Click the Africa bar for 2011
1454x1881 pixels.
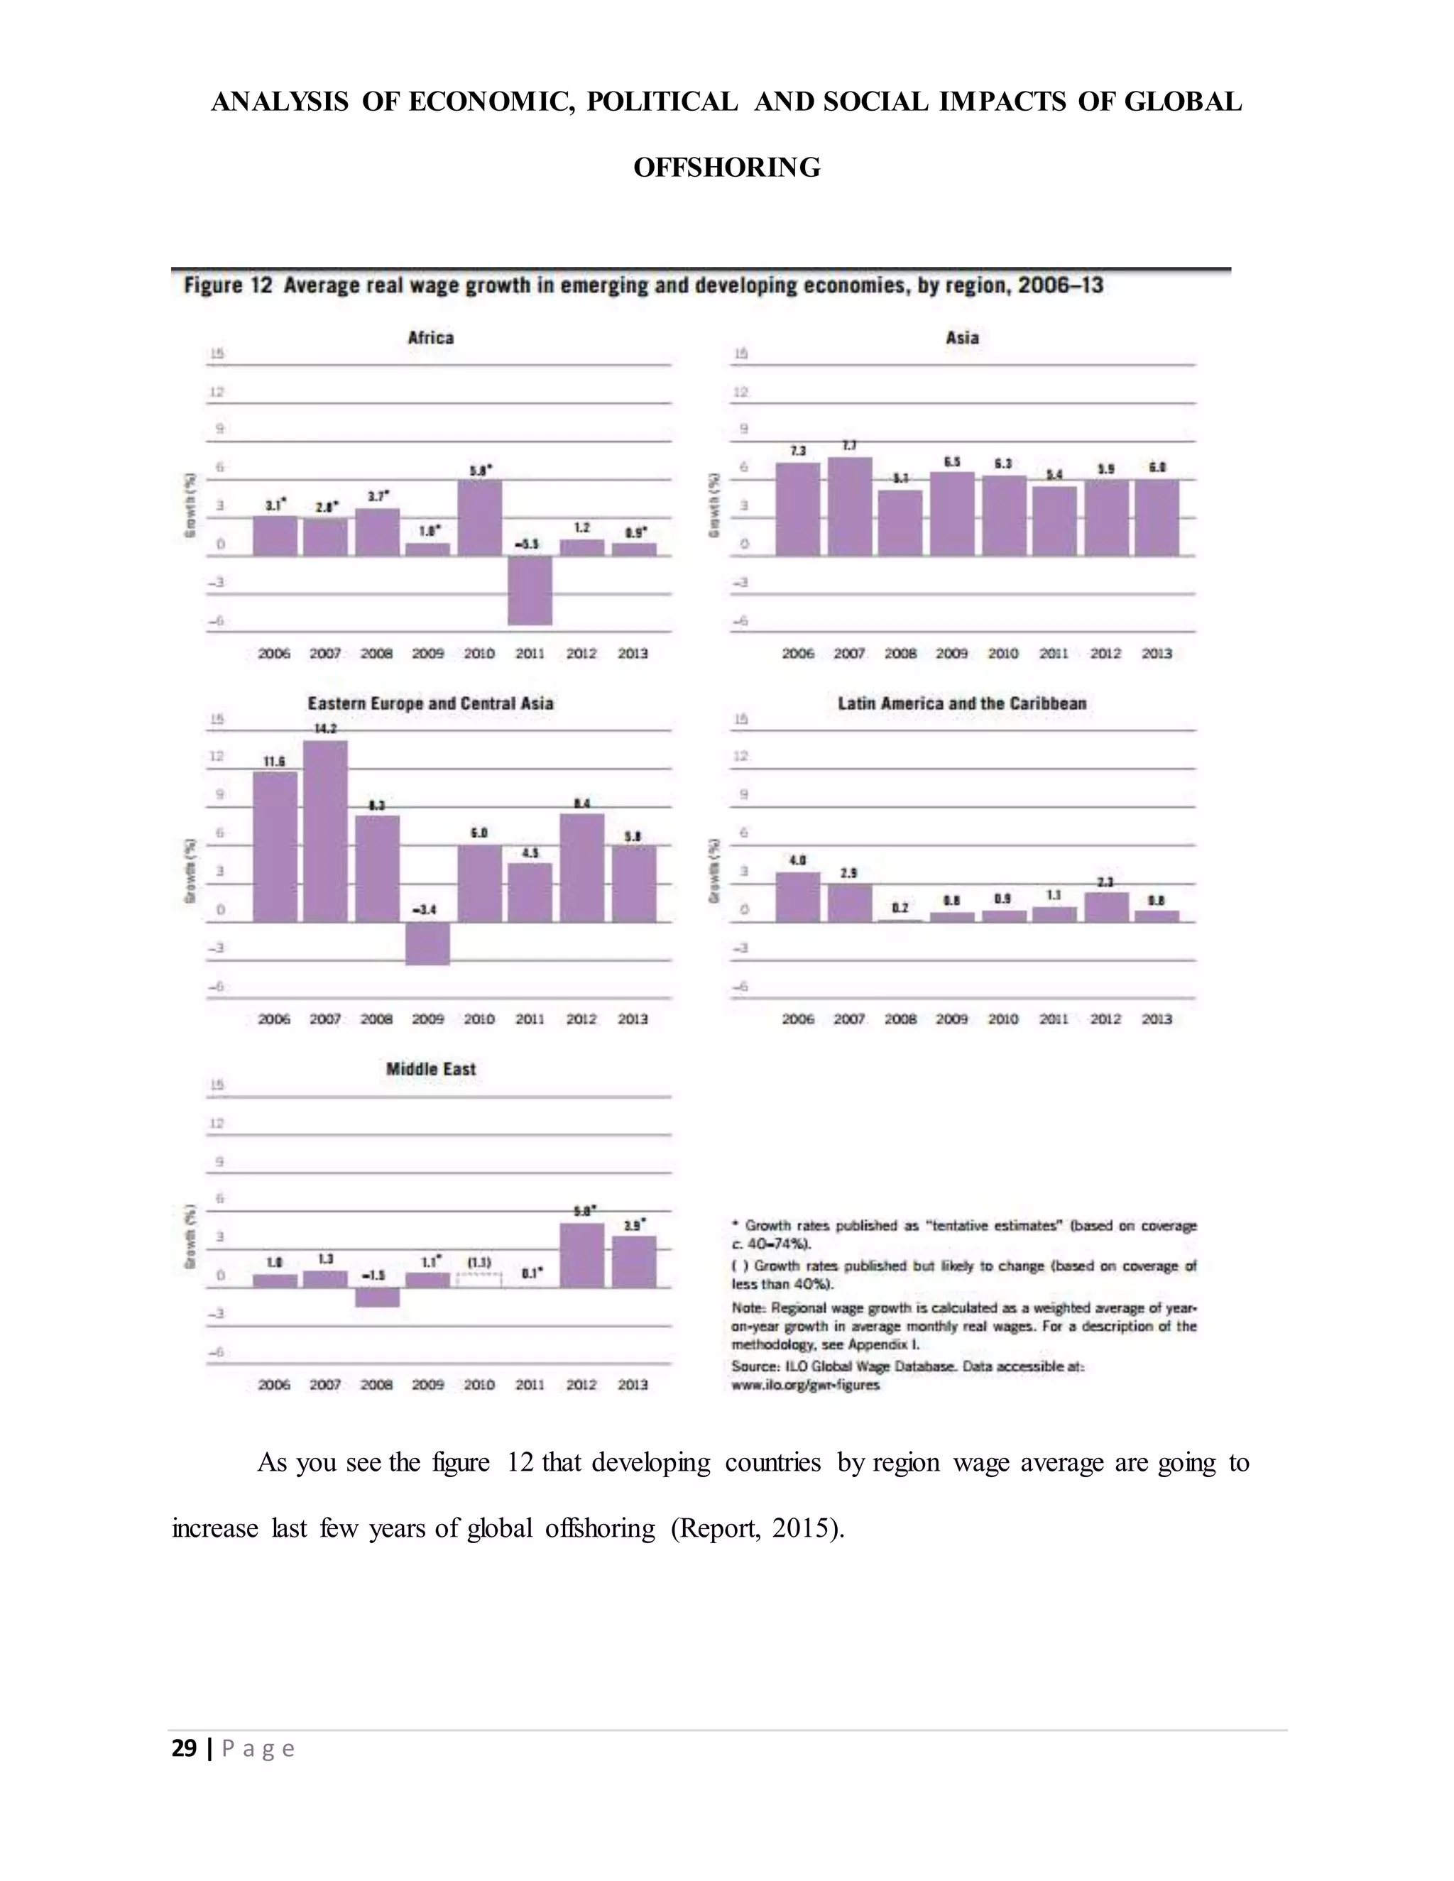coord(530,590)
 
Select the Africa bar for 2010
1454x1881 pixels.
coord(479,517)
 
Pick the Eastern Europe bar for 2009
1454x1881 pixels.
coord(428,943)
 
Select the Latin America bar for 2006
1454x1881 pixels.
coord(797,897)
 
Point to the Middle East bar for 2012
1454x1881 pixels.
coord(581,1255)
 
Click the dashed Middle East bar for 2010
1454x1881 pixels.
coord(479,1280)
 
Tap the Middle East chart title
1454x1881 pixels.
coord(431,1069)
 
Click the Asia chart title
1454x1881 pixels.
coord(961,338)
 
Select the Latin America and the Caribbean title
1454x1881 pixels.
coord(961,703)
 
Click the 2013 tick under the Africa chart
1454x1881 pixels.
coord(633,654)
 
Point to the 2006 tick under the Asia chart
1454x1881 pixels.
coord(797,654)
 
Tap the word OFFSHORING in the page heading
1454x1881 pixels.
coord(727,167)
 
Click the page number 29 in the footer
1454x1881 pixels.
coord(185,1748)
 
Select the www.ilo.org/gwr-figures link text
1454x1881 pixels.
coord(804,1386)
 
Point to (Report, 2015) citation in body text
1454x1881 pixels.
coord(756,1528)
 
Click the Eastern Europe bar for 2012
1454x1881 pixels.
coord(581,867)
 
